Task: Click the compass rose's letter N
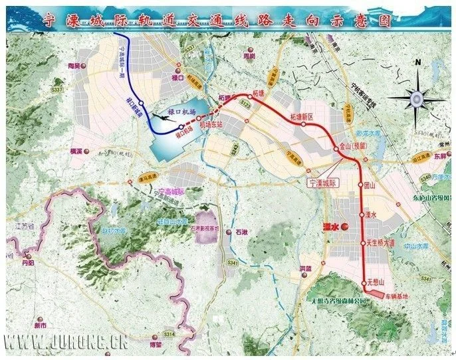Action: tap(417, 62)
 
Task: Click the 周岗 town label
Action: tap(249, 57)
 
